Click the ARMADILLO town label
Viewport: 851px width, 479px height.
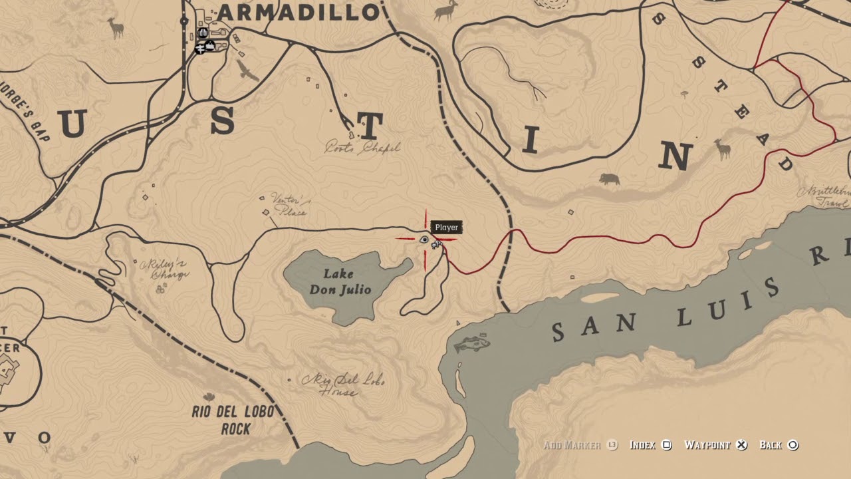298,12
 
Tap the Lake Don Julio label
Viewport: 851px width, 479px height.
338,282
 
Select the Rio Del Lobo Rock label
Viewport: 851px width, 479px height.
232,420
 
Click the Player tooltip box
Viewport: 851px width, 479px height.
446,228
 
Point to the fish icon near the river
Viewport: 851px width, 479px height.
473,344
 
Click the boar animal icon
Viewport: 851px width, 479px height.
609,179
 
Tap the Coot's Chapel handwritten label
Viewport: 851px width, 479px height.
362,148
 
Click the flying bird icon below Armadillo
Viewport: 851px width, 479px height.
247,71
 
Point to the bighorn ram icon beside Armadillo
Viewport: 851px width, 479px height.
447,10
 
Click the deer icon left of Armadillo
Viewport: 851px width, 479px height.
116,27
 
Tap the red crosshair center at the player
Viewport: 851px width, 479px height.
425,239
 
